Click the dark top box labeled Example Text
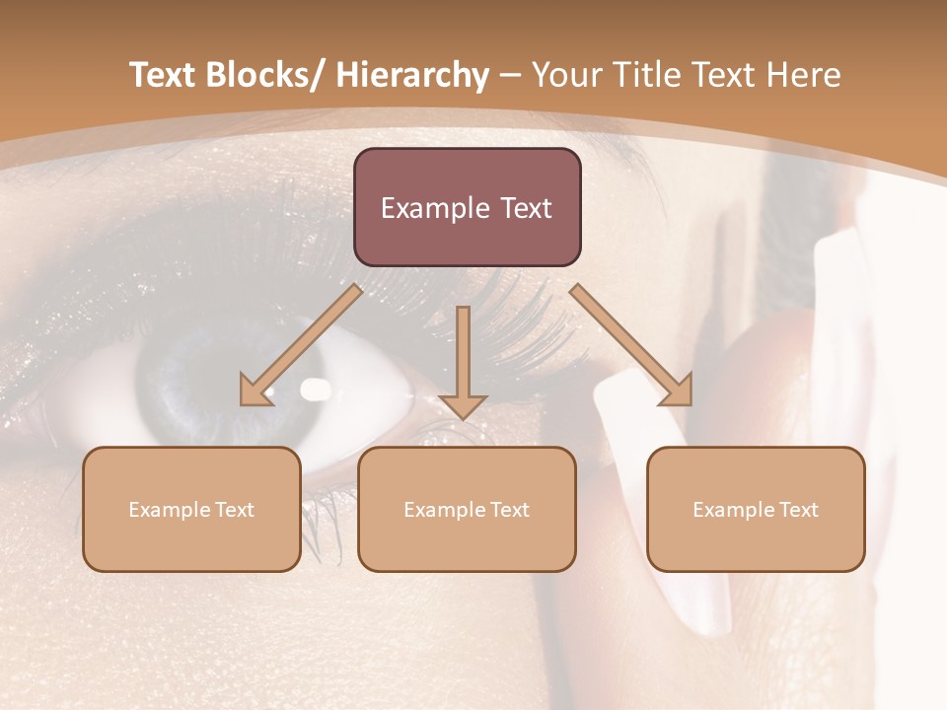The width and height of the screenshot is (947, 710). (467, 207)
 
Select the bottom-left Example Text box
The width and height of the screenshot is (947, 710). (191, 509)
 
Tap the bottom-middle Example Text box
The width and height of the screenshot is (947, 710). (467, 509)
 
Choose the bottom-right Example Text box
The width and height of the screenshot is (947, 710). (756, 509)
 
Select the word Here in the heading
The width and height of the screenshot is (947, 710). (803, 75)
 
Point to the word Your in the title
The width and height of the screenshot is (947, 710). (566, 75)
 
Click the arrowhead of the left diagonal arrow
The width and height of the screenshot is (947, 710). (255, 391)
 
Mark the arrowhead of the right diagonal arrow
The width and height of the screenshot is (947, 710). (677, 391)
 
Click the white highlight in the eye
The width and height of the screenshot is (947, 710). (316, 390)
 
